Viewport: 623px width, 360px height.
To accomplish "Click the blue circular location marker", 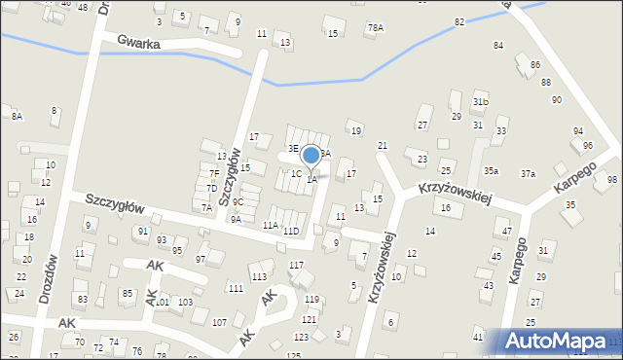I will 311,155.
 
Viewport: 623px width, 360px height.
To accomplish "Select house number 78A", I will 375,28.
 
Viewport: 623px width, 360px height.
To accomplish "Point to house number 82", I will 458,20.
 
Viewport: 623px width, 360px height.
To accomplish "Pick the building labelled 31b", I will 480,102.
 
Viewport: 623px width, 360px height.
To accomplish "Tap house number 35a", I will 492,171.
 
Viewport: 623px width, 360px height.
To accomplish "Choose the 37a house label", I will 528,173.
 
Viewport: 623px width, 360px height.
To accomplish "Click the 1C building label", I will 296,173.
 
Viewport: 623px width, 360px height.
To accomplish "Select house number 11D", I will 290,231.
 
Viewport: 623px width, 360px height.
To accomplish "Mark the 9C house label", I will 238,202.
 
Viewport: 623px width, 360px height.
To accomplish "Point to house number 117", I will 296,265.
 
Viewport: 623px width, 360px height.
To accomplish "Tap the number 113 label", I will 259,276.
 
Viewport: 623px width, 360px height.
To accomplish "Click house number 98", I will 611,180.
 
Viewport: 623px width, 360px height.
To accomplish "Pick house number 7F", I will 213,173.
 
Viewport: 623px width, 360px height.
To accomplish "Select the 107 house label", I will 220,322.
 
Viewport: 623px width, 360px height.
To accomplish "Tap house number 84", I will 498,46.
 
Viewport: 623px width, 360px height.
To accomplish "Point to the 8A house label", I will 17,116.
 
